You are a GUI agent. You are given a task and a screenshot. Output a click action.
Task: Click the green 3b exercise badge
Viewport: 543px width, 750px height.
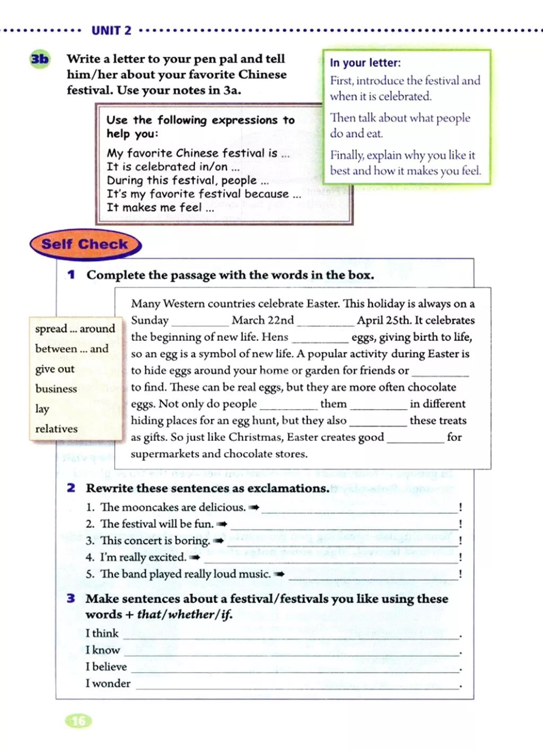pos(39,58)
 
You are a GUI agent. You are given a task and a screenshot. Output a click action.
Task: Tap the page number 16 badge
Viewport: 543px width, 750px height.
pos(78,721)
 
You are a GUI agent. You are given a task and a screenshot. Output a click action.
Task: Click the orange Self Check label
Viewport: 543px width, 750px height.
pos(85,244)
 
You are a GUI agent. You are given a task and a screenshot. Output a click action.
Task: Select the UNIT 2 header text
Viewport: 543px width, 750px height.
pos(111,30)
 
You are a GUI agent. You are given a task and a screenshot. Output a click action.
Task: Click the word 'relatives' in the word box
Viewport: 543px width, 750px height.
pos(56,429)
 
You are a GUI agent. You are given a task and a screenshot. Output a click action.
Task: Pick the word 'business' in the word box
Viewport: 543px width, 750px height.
pos(56,389)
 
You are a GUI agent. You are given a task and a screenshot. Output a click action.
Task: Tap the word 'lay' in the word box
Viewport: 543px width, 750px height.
pos(42,409)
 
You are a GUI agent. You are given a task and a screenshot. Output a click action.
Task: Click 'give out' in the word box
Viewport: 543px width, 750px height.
pos(55,369)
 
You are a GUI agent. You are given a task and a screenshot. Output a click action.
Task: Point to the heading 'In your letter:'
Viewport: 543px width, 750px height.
pos(365,63)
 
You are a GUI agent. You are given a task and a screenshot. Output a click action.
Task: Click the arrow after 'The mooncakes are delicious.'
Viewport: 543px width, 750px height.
pos(254,508)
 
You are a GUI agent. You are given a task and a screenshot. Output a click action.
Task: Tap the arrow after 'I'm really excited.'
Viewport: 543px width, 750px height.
pos(195,558)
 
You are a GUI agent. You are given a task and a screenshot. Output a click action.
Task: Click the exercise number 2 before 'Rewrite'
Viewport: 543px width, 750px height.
pos(71,488)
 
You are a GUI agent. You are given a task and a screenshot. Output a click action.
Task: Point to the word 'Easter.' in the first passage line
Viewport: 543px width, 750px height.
pos(323,304)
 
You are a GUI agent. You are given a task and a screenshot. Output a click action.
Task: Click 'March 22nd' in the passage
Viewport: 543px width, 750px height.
pos(262,320)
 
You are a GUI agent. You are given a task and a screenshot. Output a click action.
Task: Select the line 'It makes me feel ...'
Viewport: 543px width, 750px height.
pos(161,208)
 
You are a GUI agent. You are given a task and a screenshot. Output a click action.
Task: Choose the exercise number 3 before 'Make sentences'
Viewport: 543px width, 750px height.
pos(71,598)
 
